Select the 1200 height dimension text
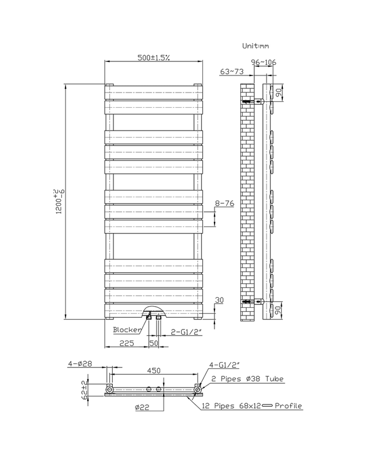tap(58, 202)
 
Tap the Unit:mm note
tap(255, 45)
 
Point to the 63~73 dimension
tap(233, 71)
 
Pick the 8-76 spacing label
tap(224, 203)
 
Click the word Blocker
tap(127, 330)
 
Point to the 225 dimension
tap(127, 344)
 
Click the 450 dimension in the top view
tap(153, 370)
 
